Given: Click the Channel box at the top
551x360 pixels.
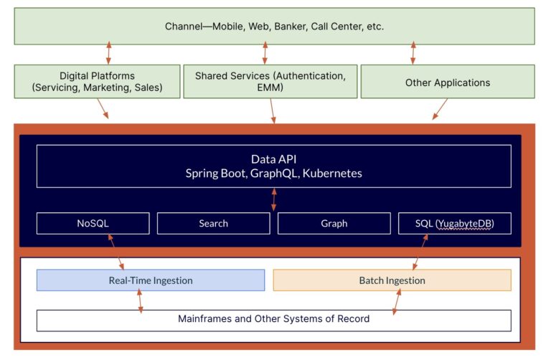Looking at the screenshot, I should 275,27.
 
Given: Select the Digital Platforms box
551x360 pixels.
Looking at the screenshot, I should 97,82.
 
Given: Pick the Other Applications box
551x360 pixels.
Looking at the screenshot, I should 447,82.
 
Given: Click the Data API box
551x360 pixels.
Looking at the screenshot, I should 273,166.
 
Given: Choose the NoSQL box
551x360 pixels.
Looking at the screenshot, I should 93,223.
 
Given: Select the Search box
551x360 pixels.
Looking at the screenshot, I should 213,223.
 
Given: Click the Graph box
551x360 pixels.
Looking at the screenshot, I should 334,223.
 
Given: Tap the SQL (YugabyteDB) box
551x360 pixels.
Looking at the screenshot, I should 454,223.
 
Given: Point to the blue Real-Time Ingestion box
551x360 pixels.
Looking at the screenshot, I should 150,280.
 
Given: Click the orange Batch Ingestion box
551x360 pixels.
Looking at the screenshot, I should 392,280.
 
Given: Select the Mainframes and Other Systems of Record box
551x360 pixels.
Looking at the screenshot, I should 273,318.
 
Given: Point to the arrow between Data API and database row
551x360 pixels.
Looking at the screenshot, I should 273,200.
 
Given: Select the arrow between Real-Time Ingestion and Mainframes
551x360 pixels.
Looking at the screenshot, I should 140,301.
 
